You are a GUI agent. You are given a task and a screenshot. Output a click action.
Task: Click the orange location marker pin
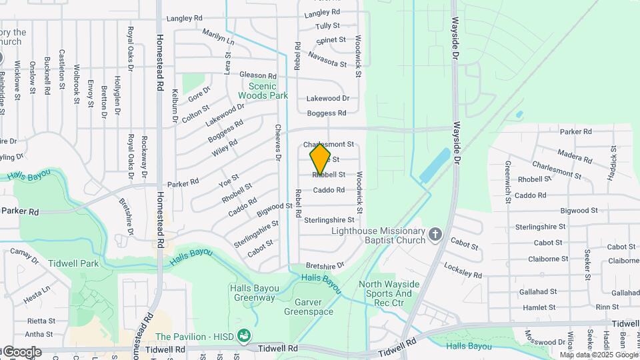pyautogui.click(x=320, y=159)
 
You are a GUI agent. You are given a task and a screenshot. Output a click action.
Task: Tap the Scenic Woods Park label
pyautogui.click(x=268, y=91)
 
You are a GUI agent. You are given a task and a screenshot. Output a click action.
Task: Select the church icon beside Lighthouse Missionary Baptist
pyautogui.click(x=435, y=234)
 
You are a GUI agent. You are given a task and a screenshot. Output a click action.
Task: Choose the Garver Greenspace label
pyautogui.click(x=309, y=306)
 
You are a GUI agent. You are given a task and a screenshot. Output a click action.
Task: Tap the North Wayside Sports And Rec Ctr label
pyautogui.click(x=389, y=289)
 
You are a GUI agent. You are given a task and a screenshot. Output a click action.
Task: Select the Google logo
pyautogui.click(x=21, y=352)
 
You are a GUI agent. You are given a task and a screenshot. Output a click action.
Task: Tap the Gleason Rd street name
pyautogui.click(x=257, y=76)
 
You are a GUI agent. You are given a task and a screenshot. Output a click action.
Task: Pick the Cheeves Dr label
pyautogui.click(x=278, y=143)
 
